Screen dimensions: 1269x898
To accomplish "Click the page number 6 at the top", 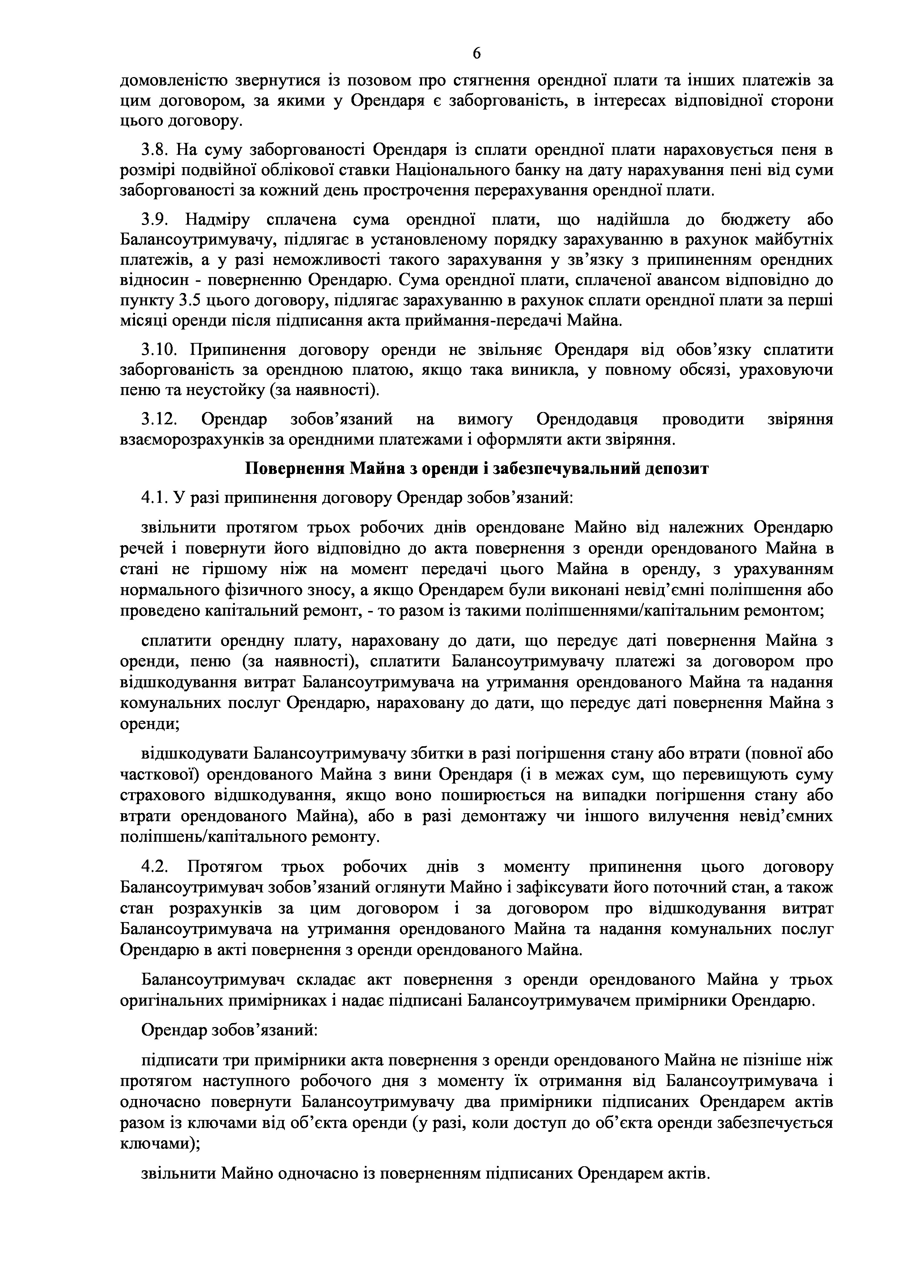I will coord(477,54).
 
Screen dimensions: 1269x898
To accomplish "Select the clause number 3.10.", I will coord(160,350).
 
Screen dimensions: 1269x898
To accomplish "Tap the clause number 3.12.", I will coord(160,420).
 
